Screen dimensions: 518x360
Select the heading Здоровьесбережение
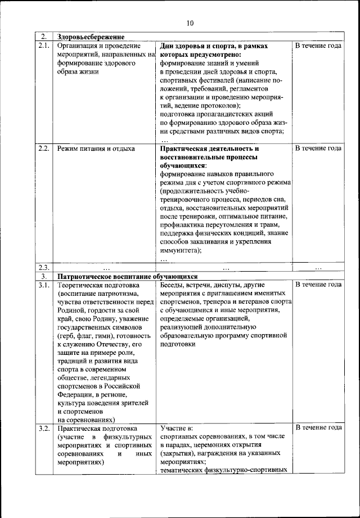(x=91, y=37)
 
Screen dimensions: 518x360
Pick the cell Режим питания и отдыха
(x=96, y=149)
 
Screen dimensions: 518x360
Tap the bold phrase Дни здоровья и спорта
(x=197, y=46)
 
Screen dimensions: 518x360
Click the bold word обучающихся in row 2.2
(x=183, y=166)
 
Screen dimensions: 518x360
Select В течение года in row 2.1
(x=318, y=46)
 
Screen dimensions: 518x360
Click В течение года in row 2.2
(x=318, y=149)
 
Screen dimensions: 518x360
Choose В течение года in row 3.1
(x=318, y=285)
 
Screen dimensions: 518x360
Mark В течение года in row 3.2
(x=318, y=428)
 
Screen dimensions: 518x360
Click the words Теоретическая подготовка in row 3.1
(x=100, y=285)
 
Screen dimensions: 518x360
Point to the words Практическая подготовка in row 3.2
(x=99, y=428)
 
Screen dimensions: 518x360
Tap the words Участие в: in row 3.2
(x=177, y=428)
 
